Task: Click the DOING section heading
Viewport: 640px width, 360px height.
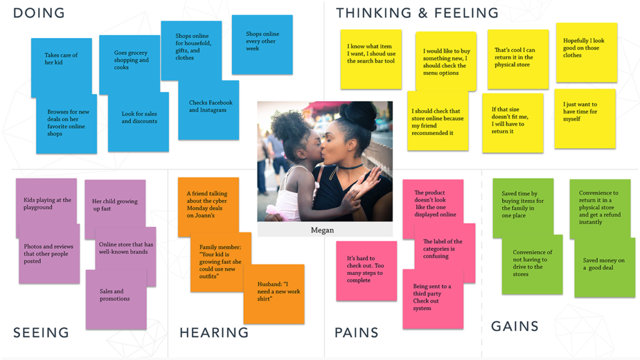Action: (39, 13)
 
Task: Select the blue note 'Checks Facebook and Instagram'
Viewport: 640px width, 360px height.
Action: (209, 110)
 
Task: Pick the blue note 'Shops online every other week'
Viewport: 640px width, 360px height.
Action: (262, 44)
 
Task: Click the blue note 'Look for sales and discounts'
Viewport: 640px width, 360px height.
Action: (138, 122)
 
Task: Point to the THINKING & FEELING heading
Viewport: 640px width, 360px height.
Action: (417, 13)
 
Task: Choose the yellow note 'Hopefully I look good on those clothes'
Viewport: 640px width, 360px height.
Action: (586, 52)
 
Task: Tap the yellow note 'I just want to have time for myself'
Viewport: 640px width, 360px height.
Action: (585, 119)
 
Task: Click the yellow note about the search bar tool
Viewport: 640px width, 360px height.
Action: (371, 59)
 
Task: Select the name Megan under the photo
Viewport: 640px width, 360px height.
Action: (322, 230)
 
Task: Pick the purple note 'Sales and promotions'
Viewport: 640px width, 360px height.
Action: (116, 299)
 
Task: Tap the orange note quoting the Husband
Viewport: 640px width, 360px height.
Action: (274, 294)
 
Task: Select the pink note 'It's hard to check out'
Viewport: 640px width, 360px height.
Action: (366, 271)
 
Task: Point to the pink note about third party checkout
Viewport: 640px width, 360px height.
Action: (432, 299)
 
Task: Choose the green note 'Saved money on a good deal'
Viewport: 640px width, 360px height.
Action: (605, 267)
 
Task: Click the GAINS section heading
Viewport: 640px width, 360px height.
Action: (515, 326)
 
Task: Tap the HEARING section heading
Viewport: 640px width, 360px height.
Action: (214, 332)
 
